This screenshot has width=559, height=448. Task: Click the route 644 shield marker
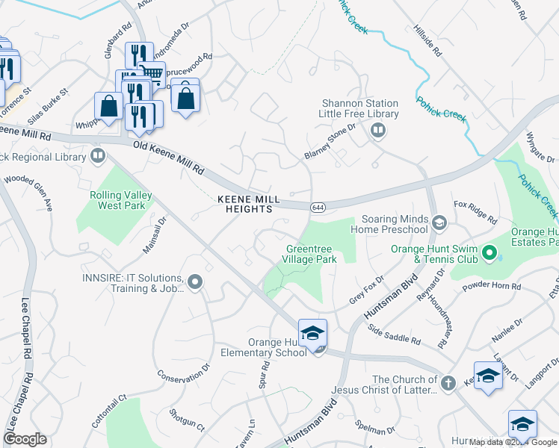point(318,208)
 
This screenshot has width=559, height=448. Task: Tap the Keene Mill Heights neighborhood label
point(249,205)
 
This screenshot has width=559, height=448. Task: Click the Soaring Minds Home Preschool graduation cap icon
point(440,223)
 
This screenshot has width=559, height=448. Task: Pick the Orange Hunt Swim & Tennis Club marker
point(489,254)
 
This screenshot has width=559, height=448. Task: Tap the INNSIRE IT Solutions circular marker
point(195,281)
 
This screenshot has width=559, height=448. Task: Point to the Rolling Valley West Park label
point(121,200)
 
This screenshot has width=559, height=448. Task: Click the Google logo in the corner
point(25,439)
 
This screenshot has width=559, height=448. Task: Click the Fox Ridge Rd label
point(475,212)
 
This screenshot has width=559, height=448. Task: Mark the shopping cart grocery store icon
point(152,74)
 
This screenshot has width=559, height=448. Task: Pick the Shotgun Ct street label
point(186,418)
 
